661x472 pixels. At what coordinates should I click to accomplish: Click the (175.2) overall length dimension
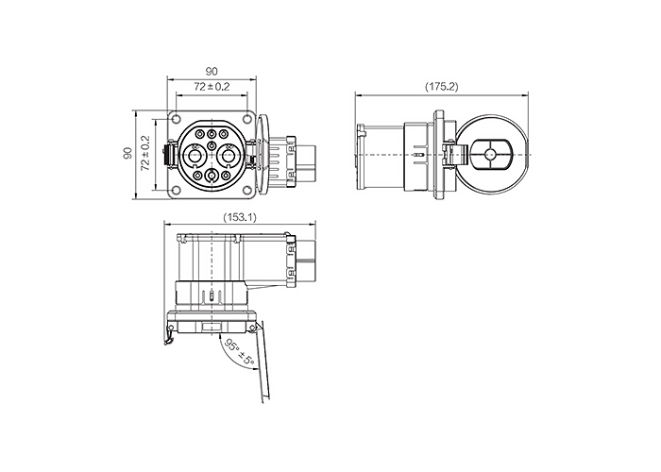point(441,87)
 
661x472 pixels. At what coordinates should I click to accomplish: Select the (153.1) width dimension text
point(240,217)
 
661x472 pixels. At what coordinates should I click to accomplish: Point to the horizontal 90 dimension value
point(212,71)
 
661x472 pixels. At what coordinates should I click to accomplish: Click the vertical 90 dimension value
point(128,153)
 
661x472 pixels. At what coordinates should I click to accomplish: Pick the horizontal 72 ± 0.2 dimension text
point(212,87)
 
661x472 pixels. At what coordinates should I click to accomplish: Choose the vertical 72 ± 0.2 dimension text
point(145,153)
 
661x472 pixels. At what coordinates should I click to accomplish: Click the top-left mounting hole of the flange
point(177,120)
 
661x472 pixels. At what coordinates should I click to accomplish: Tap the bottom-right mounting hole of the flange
point(247,191)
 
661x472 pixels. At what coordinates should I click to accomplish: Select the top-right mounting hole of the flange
point(247,120)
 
